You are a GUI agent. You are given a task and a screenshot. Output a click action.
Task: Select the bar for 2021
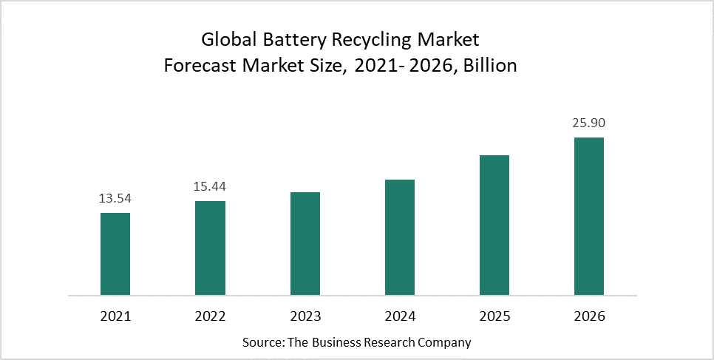pos(115,254)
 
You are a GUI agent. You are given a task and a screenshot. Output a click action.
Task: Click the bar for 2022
pos(210,248)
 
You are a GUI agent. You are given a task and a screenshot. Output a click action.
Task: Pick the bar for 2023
pos(305,244)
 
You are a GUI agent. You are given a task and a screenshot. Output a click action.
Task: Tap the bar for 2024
pos(400,237)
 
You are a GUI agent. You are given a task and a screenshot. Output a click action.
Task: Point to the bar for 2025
pos(494,225)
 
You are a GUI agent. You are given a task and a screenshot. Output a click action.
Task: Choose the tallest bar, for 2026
pos(589,217)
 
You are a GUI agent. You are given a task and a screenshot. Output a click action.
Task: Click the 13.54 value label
pos(115,198)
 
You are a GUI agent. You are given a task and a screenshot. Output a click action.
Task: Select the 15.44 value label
pos(210,186)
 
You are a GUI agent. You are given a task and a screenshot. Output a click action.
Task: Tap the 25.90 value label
pos(589,123)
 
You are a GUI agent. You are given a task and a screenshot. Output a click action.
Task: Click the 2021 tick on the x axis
pos(115,316)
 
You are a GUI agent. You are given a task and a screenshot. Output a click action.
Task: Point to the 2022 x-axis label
pos(210,316)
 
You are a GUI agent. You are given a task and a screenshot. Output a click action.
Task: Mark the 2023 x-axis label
pos(305,316)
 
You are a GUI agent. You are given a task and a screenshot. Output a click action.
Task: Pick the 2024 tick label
pos(400,316)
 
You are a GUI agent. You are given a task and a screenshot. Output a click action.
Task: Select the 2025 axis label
pos(494,316)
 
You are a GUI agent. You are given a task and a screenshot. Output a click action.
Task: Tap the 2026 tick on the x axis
pos(589,316)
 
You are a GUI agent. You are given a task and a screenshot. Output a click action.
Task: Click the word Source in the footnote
pos(262,343)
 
